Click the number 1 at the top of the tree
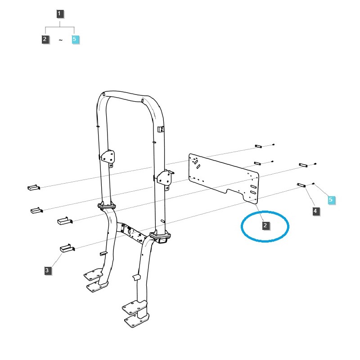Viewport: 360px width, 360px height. pos(60,13)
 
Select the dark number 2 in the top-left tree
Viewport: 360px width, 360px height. pos(45,39)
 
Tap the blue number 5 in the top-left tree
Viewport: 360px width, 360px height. pos(75,39)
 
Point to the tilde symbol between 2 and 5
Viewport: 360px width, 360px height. pos(60,40)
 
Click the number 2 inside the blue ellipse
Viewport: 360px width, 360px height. pos(265,225)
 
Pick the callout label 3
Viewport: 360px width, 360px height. pos(48,270)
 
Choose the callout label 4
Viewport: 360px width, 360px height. pos(315,211)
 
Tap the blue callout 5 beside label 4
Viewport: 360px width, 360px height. pos(331,199)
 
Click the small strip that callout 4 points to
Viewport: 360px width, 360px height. pos(302,184)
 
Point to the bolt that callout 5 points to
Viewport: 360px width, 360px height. pos(313,184)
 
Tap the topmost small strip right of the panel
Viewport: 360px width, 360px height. pos(258,146)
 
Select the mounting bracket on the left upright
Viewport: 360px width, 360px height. pos(108,156)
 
